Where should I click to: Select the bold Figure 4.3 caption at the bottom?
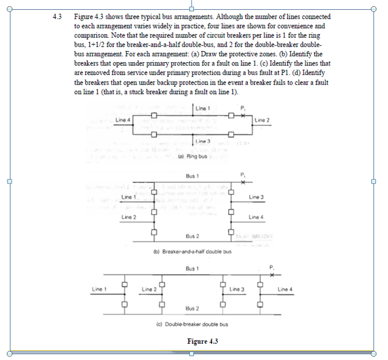point(202,340)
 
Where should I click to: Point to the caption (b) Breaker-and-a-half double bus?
point(192,251)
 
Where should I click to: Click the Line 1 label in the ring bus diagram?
point(202,109)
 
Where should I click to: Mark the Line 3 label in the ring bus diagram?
point(202,142)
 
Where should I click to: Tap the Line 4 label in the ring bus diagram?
point(123,120)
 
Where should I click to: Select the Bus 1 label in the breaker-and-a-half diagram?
point(192,175)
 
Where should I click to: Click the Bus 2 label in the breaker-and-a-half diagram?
point(193,236)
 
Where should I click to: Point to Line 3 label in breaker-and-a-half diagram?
point(256,198)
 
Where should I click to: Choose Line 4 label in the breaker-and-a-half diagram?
point(256,217)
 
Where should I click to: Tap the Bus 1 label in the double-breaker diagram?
point(192,269)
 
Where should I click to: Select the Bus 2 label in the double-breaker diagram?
point(192,308)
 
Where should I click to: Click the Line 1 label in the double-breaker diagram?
point(99,289)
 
